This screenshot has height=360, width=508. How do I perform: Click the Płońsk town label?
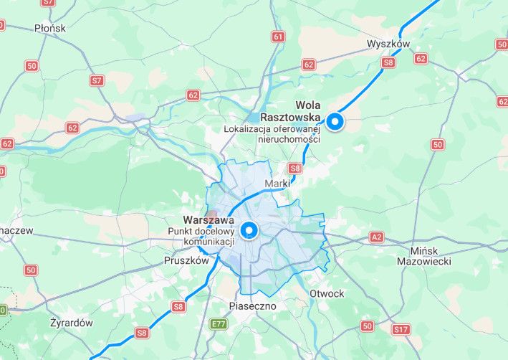click(49, 28)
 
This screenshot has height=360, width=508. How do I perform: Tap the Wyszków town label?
click(388, 44)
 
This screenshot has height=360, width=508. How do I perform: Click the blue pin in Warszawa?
click(249, 230)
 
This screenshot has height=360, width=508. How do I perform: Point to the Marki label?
click(277, 184)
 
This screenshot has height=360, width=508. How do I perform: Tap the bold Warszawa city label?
click(209, 219)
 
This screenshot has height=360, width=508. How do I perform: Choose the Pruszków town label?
click(186, 261)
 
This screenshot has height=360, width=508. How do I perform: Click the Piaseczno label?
click(252, 305)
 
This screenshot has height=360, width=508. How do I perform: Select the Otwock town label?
click(327, 293)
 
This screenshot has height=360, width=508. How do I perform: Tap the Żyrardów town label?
click(72, 323)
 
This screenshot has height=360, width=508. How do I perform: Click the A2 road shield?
click(377, 237)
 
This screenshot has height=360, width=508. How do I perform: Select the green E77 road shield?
click(219, 325)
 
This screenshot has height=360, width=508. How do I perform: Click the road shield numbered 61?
click(278, 36)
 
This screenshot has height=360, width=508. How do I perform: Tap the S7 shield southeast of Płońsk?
click(97, 80)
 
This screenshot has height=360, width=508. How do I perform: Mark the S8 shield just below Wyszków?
click(388, 62)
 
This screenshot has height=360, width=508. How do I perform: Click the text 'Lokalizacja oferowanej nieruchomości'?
click(272, 134)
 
